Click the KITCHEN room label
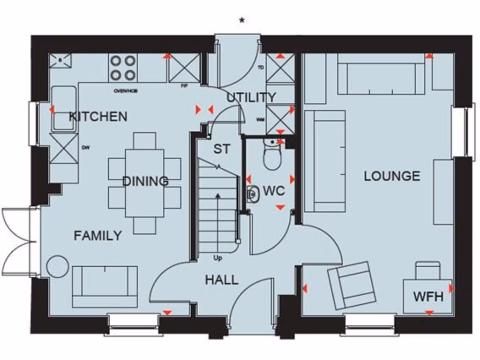click(98, 116)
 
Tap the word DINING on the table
click(145, 181)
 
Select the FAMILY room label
click(97, 235)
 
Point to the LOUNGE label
click(392, 176)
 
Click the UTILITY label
click(251, 97)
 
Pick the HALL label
click(221, 280)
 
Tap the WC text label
click(274, 191)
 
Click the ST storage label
click(221, 149)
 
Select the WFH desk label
click(428, 296)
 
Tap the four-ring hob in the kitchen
click(123, 67)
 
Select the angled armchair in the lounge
click(352, 285)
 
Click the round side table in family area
click(58, 266)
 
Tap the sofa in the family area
click(105, 286)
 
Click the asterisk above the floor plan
click(242, 21)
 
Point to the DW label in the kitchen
click(86, 148)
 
